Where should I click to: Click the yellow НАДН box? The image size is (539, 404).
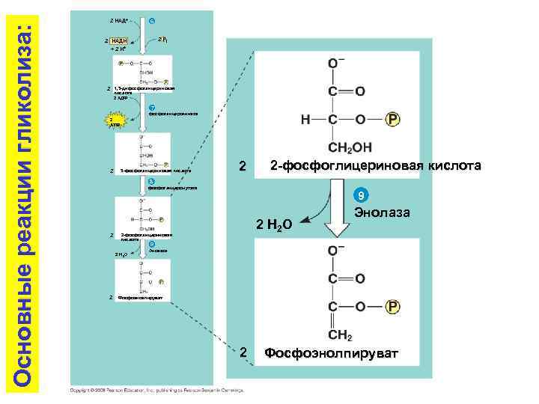pos(118,40)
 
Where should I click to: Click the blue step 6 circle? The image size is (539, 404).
pos(152,20)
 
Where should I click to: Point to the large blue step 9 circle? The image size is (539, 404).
pos(360,196)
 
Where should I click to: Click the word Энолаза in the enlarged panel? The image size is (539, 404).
pos(382,213)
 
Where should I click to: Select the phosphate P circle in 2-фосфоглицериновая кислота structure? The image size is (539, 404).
pos(393,120)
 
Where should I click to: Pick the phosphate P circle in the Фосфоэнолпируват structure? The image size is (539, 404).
pos(393,306)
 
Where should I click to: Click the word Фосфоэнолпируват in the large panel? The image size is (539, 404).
pos(332,352)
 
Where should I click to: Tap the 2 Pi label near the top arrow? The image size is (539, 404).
pos(162,39)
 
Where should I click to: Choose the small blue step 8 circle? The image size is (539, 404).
pos(151,181)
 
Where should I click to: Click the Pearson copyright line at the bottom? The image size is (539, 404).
pos(161,390)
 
